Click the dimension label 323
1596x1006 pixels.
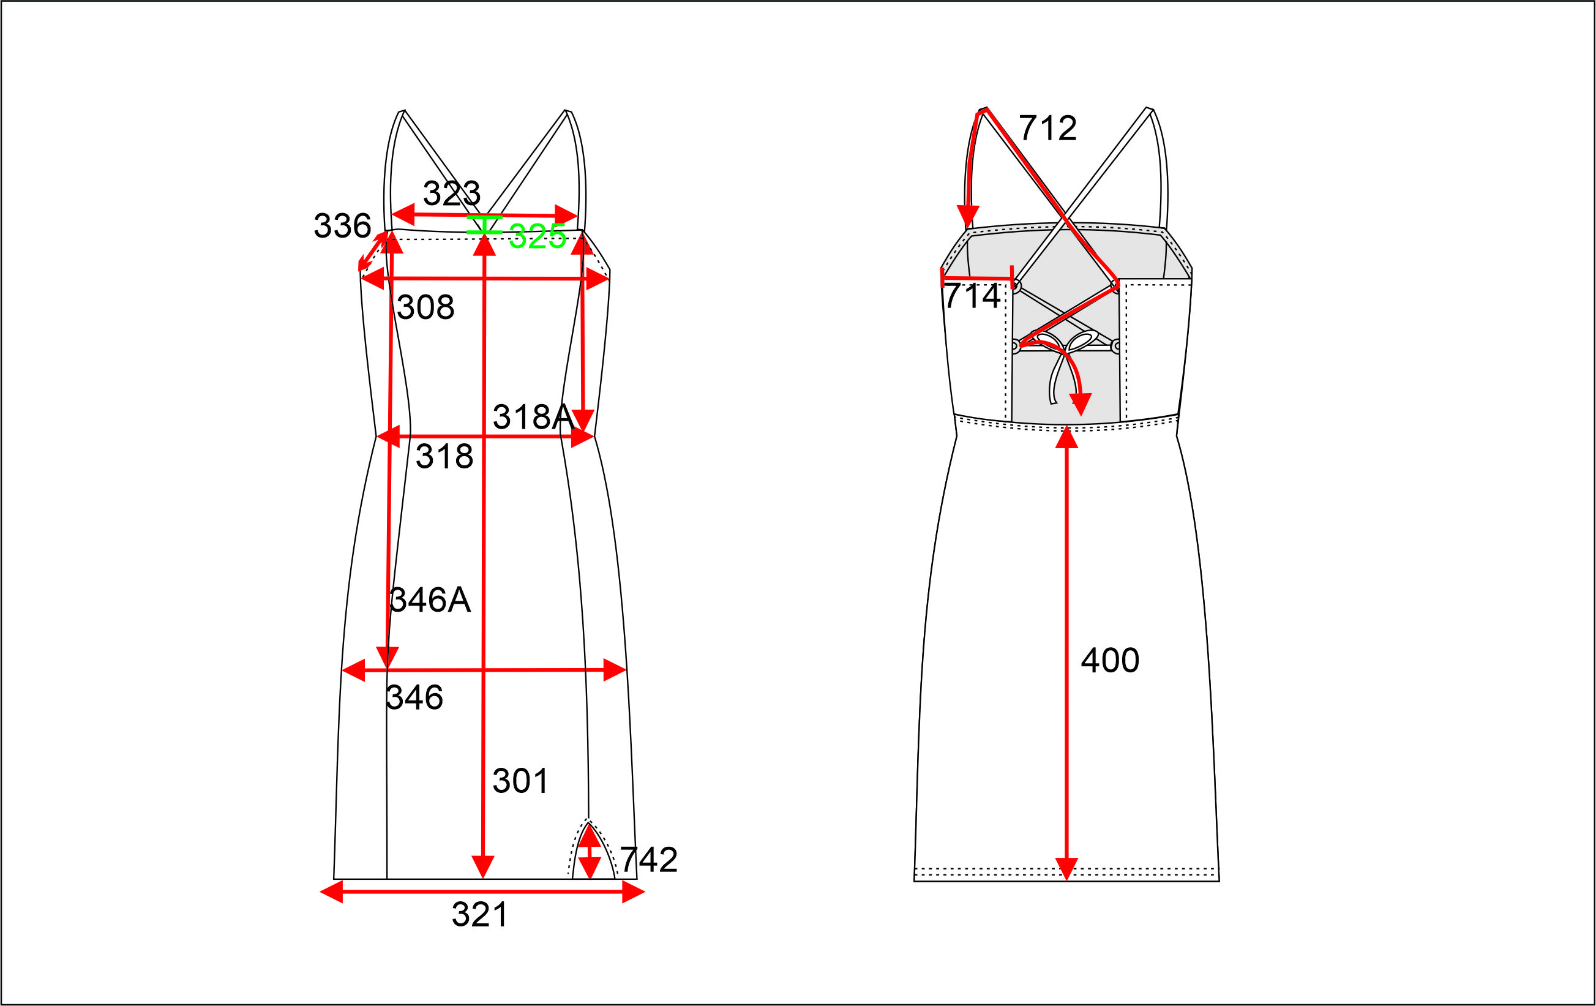click(451, 193)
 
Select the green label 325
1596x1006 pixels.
click(537, 236)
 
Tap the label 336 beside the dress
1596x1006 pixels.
click(342, 225)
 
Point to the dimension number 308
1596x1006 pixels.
click(425, 307)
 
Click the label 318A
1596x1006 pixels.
click(534, 417)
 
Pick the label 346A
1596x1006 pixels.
click(430, 600)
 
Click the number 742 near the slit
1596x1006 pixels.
click(649, 860)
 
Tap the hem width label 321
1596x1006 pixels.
click(480, 915)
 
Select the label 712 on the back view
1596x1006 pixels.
click(1048, 128)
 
